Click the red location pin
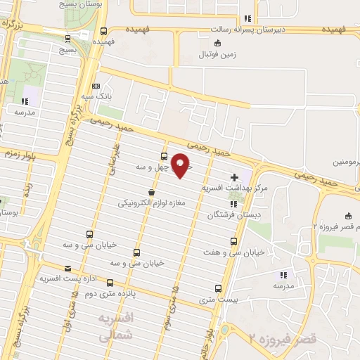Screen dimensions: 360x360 (x=181, y=164)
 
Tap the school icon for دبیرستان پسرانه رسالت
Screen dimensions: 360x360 (x=246, y=19)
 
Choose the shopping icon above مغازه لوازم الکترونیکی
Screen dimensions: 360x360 (x=151, y=192)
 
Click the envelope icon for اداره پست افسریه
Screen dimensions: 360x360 (x=67, y=268)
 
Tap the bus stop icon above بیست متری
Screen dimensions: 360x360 (x=217, y=288)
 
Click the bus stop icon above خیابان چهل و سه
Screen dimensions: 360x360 (x=164, y=156)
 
